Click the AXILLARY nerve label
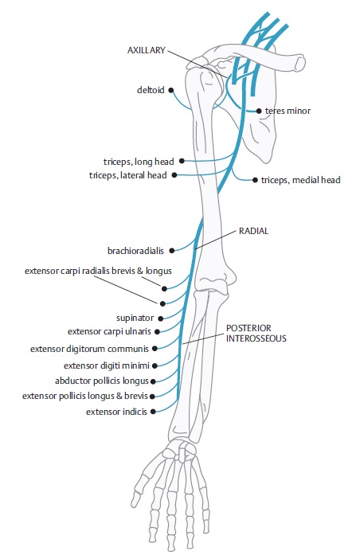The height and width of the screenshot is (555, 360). click(x=147, y=50)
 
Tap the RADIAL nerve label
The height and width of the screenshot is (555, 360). click(x=253, y=231)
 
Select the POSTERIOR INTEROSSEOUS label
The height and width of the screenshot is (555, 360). click(x=256, y=333)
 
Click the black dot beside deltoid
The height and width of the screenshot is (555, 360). click(x=171, y=90)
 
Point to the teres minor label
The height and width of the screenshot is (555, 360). click(x=288, y=111)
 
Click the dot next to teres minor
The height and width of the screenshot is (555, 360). click(x=259, y=111)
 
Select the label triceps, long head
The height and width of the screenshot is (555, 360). click(x=139, y=162)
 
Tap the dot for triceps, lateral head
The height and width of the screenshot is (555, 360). click(x=174, y=175)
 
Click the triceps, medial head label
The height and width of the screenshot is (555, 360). click(x=300, y=180)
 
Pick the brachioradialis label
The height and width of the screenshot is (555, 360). click(x=135, y=251)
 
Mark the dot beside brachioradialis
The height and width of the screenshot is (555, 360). click(x=172, y=251)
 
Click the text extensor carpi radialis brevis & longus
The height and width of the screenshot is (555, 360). click(x=98, y=271)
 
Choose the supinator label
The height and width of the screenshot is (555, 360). click(x=135, y=318)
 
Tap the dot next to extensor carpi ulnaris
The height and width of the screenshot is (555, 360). click(x=157, y=332)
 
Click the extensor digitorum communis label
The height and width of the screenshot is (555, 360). click(x=89, y=349)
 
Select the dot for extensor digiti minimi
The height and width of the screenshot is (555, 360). click(x=155, y=365)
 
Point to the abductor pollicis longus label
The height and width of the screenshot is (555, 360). click(x=102, y=381)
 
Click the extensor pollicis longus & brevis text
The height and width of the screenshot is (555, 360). click(x=85, y=396)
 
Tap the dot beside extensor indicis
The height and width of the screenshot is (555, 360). click(x=153, y=412)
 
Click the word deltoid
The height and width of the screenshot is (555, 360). click(x=151, y=90)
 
